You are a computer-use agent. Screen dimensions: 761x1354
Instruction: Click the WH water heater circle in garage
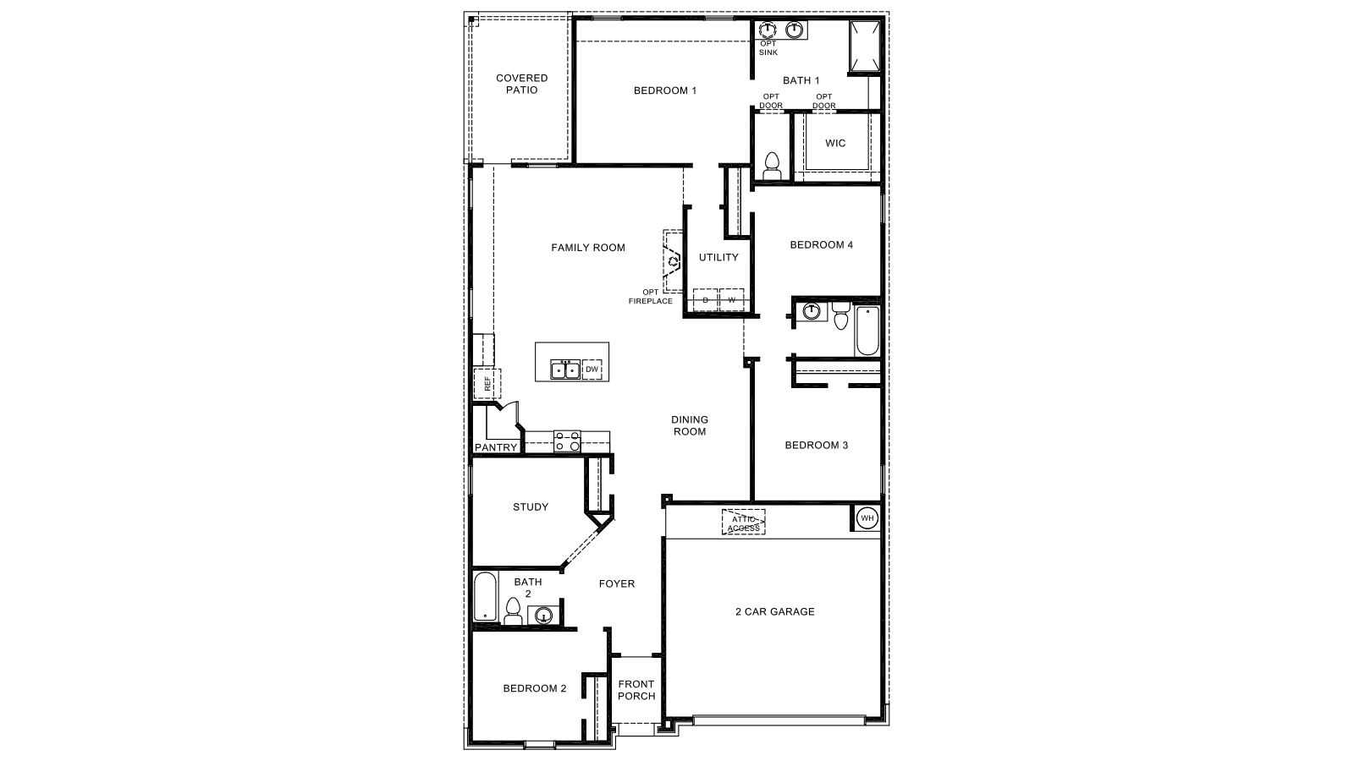pyautogui.click(x=867, y=517)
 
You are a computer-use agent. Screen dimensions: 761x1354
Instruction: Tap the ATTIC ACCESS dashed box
pyautogui.click(x=743, y=523)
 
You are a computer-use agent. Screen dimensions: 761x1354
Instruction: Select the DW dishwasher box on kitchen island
pyautogui.click(x=592, y=370)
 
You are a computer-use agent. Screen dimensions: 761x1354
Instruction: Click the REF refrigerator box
pyautogui.click(x=487, y=384)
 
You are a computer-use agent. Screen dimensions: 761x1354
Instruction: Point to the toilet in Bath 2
pyautogui.click(x=513, y=610)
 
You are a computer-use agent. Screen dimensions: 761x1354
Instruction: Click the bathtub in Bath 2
pyautogui.click(x=486, y=598)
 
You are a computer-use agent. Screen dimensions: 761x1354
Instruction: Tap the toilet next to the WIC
pyautogui.click(x=772, y=165)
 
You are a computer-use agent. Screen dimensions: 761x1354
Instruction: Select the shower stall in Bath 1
pyautogui.click(x=865, y=47)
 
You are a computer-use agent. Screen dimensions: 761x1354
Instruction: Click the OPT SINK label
pyautogui.click(x=768, y=48)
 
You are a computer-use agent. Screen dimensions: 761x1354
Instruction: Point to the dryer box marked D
pyautogui.click(x=705, y=300)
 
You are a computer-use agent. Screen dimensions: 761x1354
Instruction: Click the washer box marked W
pyautogui.click(x=732, y=300)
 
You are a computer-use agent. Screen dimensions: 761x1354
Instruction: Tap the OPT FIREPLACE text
pyautogui.click(x=651, y=297)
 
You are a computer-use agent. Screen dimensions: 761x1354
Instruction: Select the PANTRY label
pyautogui.click(x=496, y=447)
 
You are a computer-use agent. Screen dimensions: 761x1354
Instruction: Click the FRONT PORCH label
pyautogui.click(x=636, y=690)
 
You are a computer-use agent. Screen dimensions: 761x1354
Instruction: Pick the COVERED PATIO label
pyautogui.click(x=521, y=84)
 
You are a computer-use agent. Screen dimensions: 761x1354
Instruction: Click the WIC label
pyautogui.click(x=835, y=143)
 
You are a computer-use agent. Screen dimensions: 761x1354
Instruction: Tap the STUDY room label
pyautogui.click(x=531, y=507)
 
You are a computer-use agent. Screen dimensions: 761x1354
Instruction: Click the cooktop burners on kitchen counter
pyautogui.click(x=567, y=441)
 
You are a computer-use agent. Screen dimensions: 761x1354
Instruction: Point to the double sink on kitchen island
pyautogui.click(x=565, y=370)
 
